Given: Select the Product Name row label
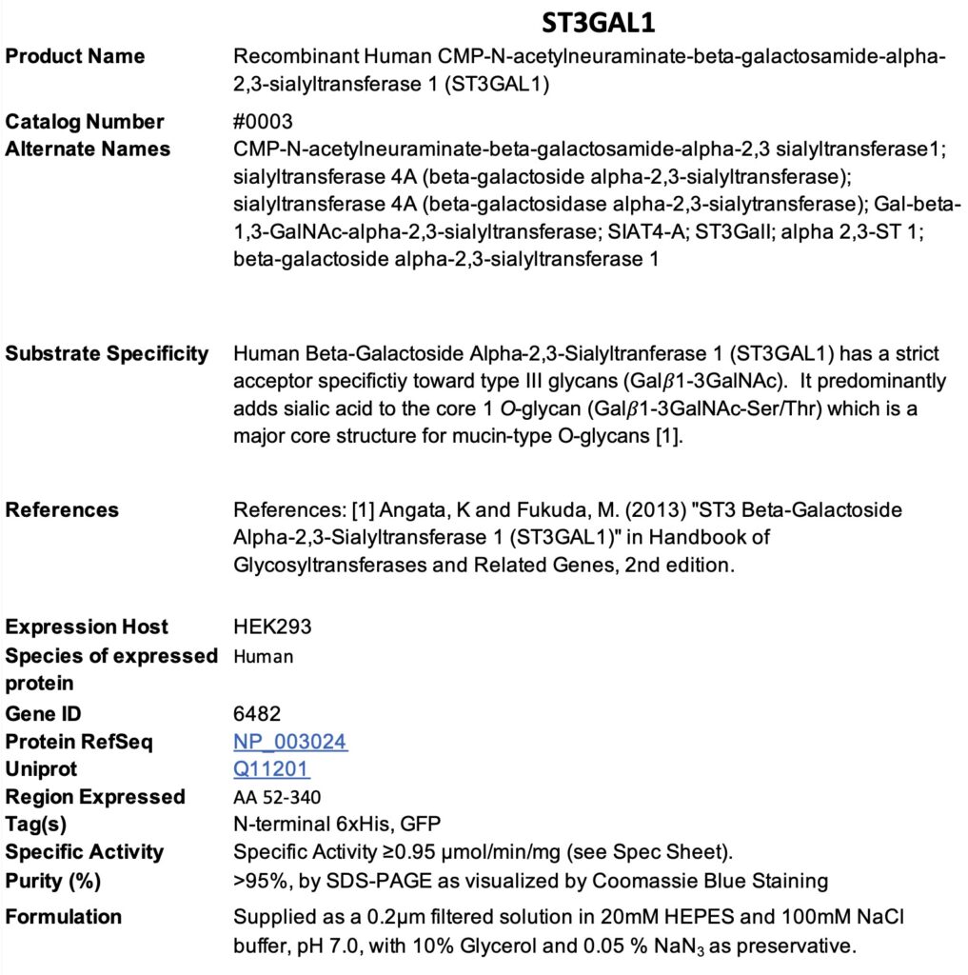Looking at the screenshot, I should [x=75, y=56].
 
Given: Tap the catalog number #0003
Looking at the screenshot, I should [x=263, y=122].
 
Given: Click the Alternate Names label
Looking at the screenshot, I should [x=88, y=149].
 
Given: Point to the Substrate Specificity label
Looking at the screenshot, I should [x=107, y=354].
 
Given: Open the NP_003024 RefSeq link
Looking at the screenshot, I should [x=290, y=742].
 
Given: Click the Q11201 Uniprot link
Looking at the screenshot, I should [x=271, y=769].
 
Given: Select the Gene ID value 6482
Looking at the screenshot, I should [x=257, y=714].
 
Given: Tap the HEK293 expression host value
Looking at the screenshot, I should [x=272, y=627].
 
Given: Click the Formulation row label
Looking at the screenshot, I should [x=64, y=917].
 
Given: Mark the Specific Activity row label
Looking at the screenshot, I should [x=85, y=852].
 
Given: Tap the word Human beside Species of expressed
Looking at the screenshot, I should [x=263, y=656].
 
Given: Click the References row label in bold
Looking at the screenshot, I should [x=62, y=510].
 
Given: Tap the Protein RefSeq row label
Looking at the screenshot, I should [x=79, y=742].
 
